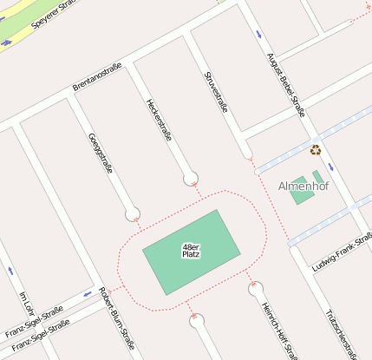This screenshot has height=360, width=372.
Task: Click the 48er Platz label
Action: coord(192,251)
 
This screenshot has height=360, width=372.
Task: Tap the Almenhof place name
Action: coord(300,187)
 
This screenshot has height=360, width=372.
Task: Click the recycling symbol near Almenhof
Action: coord(316,150)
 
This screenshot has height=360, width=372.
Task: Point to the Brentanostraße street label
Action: coord(97,76)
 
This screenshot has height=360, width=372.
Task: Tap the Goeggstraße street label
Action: coord(101,154)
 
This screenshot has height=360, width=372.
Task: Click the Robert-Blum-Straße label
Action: coord(117,317)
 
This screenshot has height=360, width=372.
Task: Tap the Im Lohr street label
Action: coord(25,303)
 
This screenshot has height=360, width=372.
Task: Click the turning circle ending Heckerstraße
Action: coord(191,179)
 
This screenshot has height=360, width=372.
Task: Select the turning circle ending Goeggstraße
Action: coord(132,213)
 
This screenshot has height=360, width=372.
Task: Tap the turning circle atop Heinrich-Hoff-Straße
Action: coord(255,289)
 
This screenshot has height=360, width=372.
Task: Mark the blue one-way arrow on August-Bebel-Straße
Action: coord(258,34)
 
